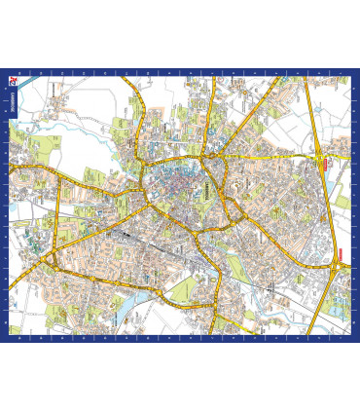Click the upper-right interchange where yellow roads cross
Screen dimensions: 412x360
click(319, 155)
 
